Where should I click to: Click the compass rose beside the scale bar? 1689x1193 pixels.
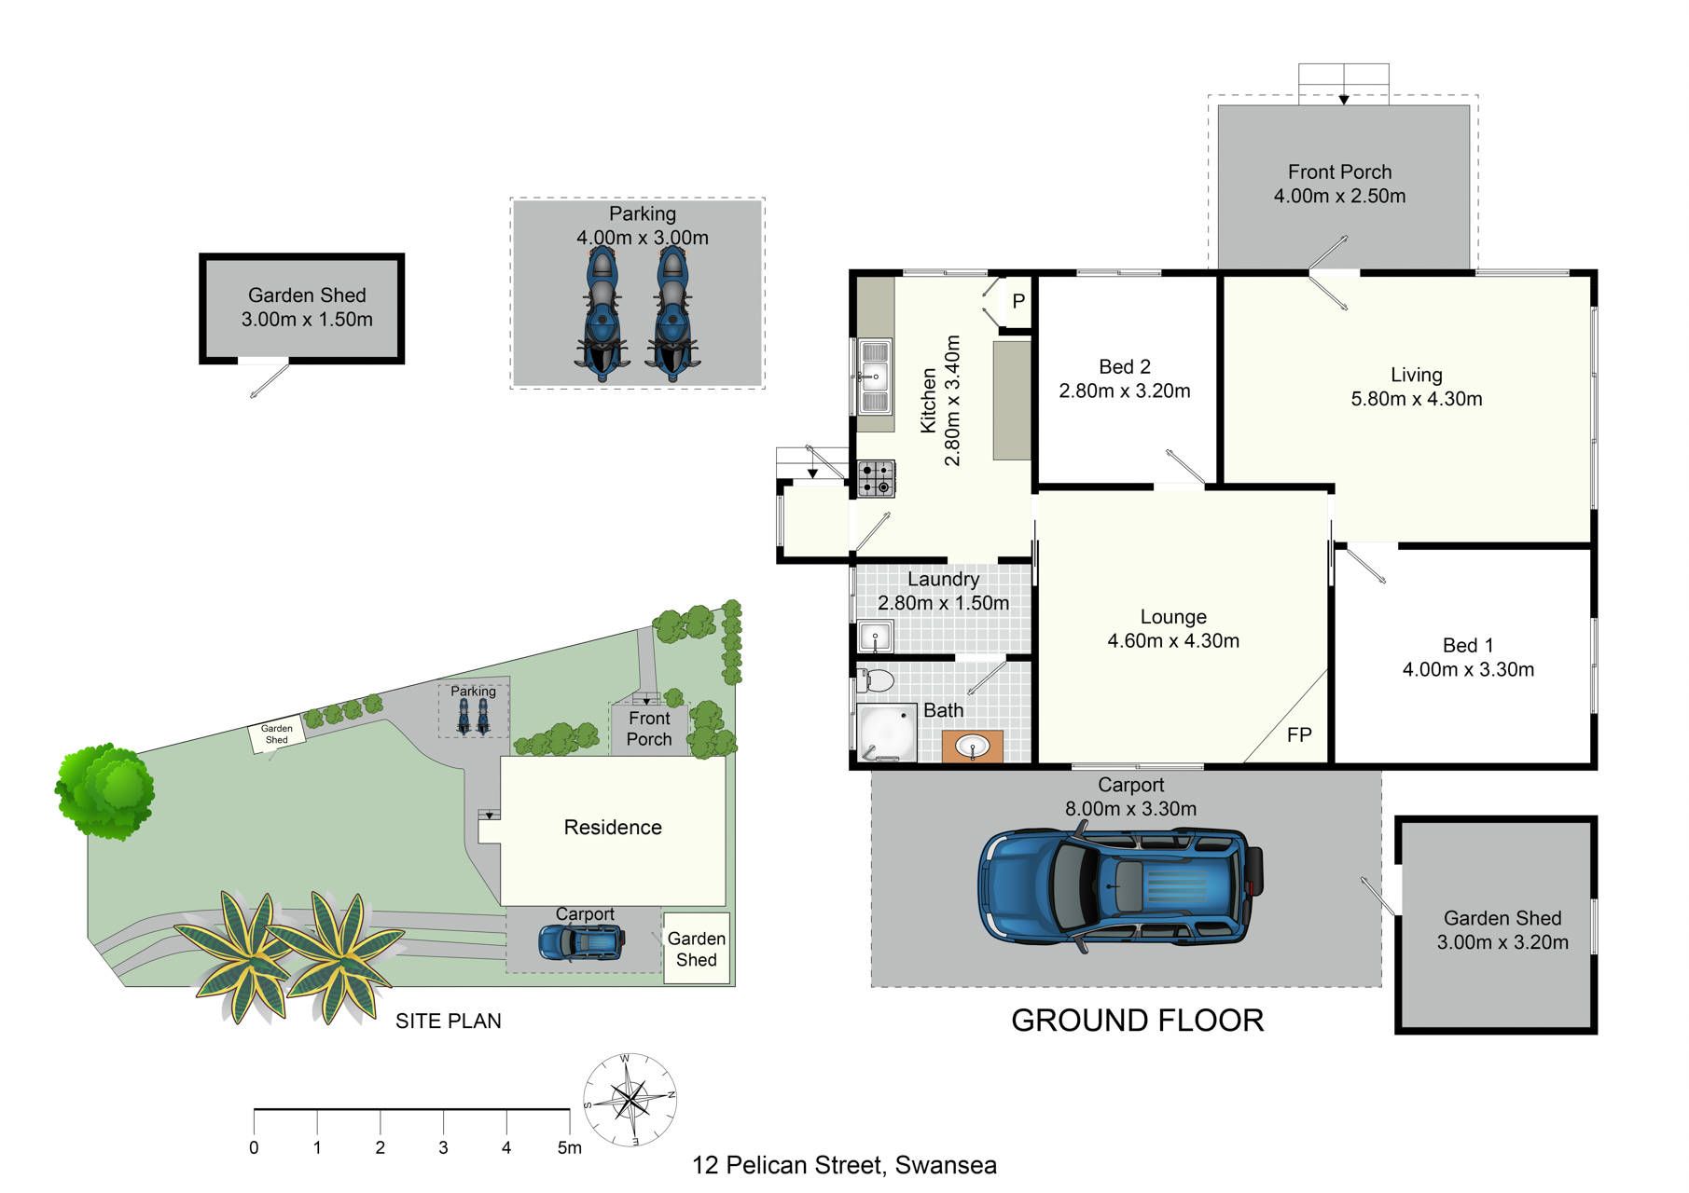point(630,1100)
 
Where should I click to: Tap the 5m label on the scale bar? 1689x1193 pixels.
point(569,1148)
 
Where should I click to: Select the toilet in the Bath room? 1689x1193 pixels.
point(875,679)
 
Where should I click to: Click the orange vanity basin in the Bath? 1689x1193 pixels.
point(973,747)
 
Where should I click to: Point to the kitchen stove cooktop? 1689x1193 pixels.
point(876,479)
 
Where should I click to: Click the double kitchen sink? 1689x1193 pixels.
point(874,377)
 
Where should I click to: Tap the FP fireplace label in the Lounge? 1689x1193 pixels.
point(1299,735)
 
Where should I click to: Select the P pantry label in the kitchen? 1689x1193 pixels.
point(1018,301)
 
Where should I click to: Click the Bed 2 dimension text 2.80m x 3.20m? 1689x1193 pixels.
point(1125,391)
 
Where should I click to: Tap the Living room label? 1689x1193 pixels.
point(1417,375)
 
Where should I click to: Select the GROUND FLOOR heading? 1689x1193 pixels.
point(1138,1021)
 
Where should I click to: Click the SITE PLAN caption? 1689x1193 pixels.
point(449,1022)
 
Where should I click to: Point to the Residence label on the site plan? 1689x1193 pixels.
point(613,828)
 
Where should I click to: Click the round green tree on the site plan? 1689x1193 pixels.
point(104,791)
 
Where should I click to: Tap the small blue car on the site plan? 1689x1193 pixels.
point(581,942)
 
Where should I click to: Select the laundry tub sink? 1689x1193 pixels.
point(876,638)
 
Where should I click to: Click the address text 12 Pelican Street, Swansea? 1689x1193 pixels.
point(844,1166)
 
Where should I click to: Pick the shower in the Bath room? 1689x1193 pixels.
point(886,733)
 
